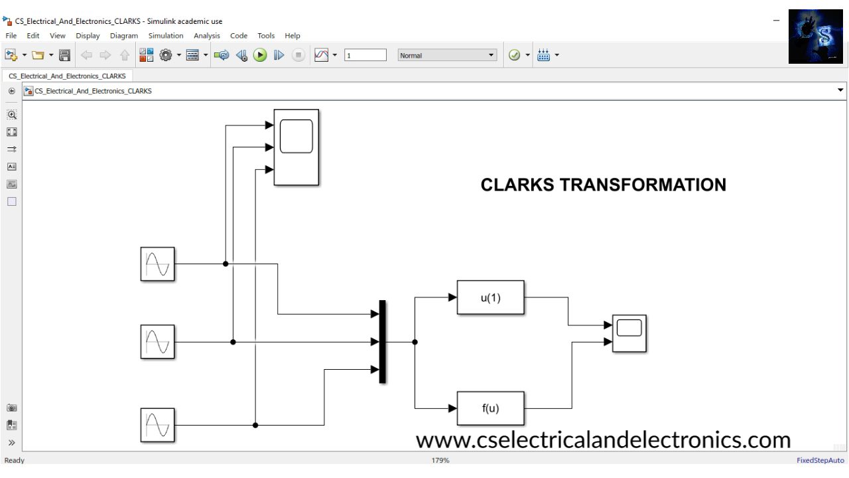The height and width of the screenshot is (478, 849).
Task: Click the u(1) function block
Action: [x=490, y=297]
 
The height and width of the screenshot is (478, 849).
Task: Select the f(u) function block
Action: [x=490, y=408]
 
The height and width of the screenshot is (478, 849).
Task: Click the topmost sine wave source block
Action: [x=157, y=264]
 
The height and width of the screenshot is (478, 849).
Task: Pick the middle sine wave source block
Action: [x=157, y=342]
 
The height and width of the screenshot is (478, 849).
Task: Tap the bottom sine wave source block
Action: [x=157, y=425]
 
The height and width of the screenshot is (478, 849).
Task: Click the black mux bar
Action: [x=382, y=342]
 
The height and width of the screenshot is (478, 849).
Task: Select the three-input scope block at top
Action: [x=296, y=147]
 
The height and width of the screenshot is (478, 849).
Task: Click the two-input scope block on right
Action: [x=629, y=333]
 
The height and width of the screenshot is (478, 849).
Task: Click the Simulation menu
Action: [x=166, y=36]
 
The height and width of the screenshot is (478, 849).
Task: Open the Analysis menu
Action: [x=207, y=36]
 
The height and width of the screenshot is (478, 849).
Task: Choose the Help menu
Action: [x=293, y=36]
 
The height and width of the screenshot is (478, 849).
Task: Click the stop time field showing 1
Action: [x=365, y=56]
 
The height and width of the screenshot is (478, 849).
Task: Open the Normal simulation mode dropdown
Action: [x=447, y=56]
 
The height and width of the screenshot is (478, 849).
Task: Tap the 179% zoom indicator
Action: [x=440, y=460]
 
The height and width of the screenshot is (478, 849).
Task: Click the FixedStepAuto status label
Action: [x=820, y=460]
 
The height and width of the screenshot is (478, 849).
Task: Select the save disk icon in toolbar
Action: [x=64, y=56]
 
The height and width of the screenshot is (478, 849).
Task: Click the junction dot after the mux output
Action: [x=415, y=342]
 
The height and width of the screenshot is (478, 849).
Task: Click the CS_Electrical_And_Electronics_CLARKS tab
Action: [x=68, y=76]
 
